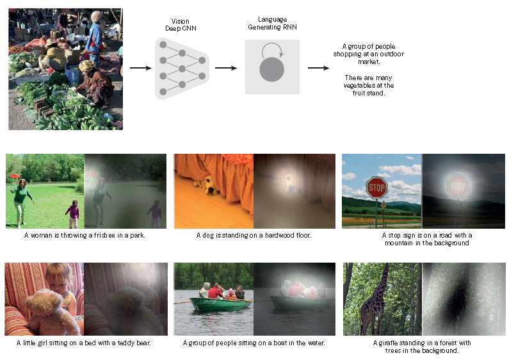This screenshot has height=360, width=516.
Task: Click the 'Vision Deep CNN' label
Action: click(181, 25)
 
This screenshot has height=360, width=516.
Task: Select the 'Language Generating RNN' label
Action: click(272, 24)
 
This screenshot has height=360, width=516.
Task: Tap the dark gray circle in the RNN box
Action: click(272, 69)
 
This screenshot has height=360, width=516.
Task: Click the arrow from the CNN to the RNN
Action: click(226, 68)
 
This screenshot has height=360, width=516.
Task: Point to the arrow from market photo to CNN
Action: click(140, 68)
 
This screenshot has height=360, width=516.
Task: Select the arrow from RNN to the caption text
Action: click(318, 68)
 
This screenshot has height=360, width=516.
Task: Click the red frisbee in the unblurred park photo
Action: click(15, 176)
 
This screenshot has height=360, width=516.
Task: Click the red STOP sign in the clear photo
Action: click(377, 188)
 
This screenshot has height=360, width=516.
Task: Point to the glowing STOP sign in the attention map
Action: click(458, 186)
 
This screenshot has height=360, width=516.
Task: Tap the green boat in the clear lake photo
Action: click(221, 304)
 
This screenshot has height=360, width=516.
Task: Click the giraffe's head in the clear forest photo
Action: click(385, 266)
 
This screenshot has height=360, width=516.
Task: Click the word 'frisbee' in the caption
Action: click(104, 235)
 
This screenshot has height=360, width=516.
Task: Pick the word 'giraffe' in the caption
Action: click(388, 343)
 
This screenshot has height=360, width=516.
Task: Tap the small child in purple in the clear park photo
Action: click(73, 214)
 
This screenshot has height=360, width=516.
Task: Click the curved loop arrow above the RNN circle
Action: click(272, 49)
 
